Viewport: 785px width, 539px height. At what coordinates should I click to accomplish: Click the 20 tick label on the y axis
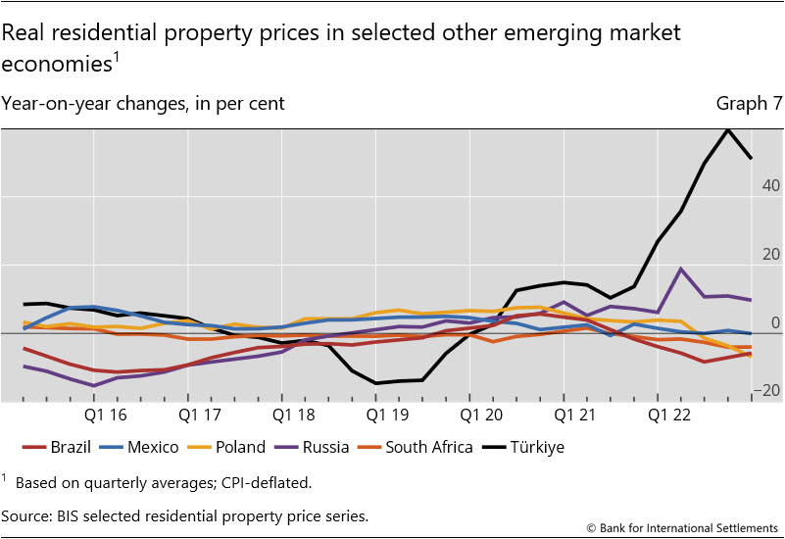[770, 255]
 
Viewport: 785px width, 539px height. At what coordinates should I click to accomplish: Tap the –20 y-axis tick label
[766, 391]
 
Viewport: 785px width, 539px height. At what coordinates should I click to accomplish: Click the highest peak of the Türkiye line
[728, 129]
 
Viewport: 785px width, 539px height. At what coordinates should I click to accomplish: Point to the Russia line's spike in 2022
[681, 269]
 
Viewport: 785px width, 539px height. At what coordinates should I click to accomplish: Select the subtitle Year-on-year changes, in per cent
[143, 103]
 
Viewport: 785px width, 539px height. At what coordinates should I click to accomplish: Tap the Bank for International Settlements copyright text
[682, 527]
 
